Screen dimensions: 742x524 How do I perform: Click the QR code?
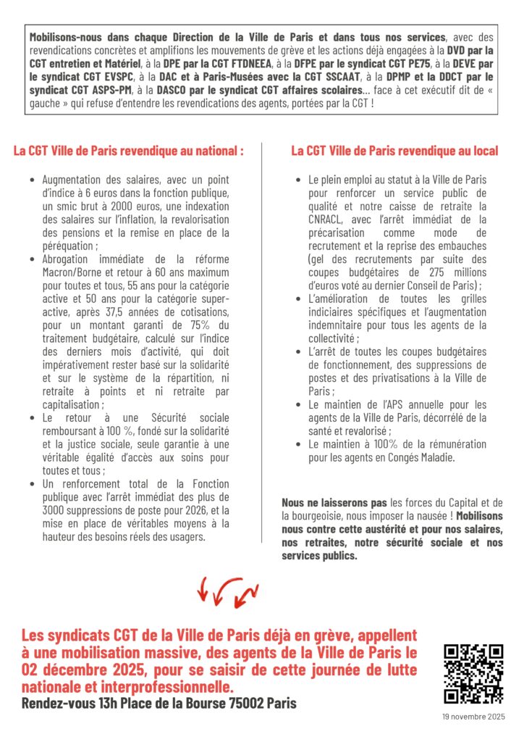click(x=473, y=674)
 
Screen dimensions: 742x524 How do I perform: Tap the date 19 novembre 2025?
click(x=474, y=716)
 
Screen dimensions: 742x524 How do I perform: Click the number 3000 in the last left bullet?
click(x=54, y=510)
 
